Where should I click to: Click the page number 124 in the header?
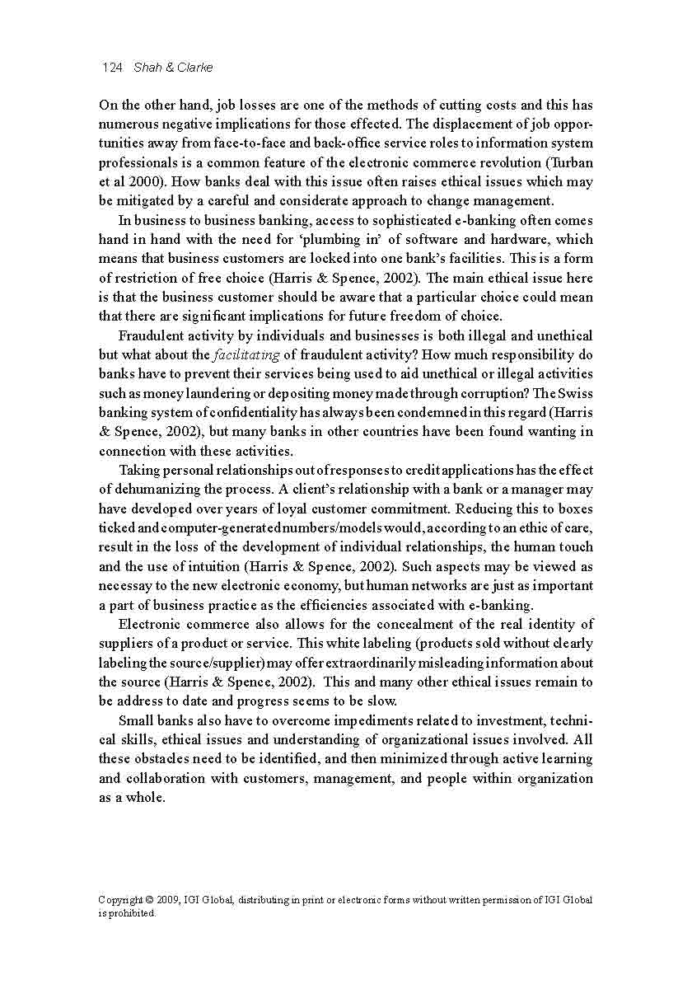coord(111,68)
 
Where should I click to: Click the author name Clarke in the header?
coord(194,68)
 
